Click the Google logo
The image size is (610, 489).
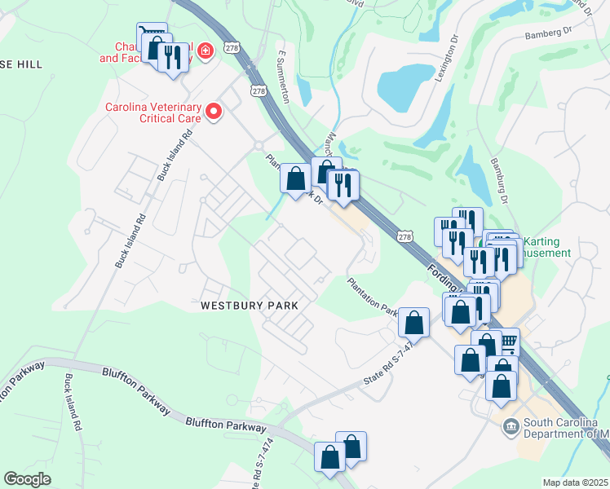(x=28, y=478)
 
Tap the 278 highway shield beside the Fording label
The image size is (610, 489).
(x=405, y=236)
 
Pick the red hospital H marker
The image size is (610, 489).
(x=205, y=51)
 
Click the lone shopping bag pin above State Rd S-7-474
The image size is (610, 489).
(x=414, y=323)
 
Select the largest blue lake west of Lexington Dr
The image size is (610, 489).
(x=405, y=88)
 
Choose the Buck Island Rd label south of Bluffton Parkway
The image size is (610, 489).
(x=72, y=403)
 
